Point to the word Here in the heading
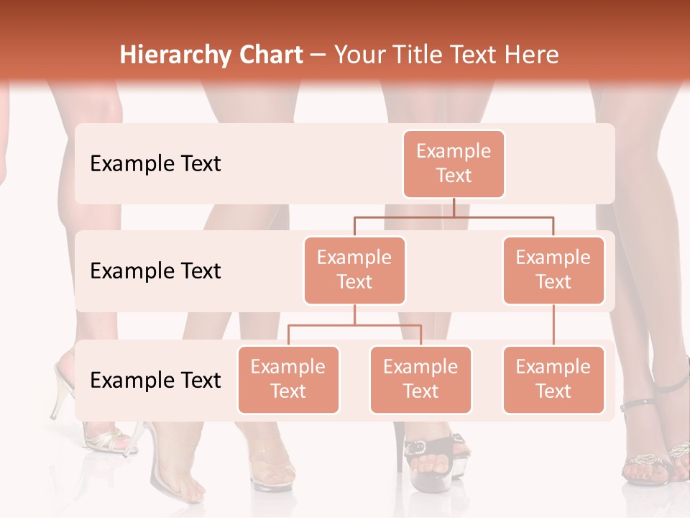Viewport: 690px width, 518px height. pyautogui.click(x=530, y=55)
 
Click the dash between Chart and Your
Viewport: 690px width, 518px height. pyautogui.click(x=318, y=56)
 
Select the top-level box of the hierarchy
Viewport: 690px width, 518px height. pyautogui.click(x=454, y=164)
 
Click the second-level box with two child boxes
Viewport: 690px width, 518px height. pyautogui.click(x=354, y=270)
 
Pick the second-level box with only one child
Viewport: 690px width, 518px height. pyautogui.click(x=553, y=270)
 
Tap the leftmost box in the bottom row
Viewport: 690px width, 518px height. pyautogui.click(x=288, y=379)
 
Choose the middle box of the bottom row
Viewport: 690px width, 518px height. pyautogui.click(x=420, y=379)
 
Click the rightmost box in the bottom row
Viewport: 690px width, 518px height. pyautogui.click(x=553, y=379)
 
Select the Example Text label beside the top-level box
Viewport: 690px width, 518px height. pyautogui.click(x=155, y=164)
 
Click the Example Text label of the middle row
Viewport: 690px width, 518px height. pyautogui.click(x=155, y=271)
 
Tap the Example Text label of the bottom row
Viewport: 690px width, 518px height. pyautogui.click(x=155, y=381)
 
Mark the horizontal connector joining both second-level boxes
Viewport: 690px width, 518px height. pyautogui.click(x=454, y=216)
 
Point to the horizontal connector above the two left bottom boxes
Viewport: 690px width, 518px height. pyautogui.click(x=354, y=325)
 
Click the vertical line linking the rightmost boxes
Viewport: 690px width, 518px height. pyautogui.click(x=553, y=325)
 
